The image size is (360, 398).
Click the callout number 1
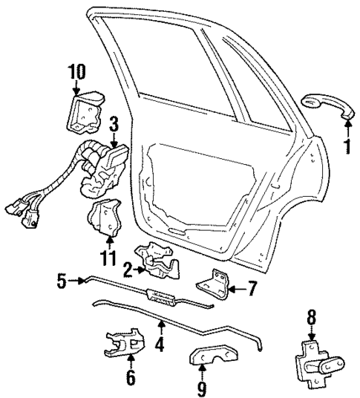point(346,146)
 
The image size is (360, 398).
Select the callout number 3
point(114,123)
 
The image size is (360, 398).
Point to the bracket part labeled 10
point(87,110)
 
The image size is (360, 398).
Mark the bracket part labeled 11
point(105,220)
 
